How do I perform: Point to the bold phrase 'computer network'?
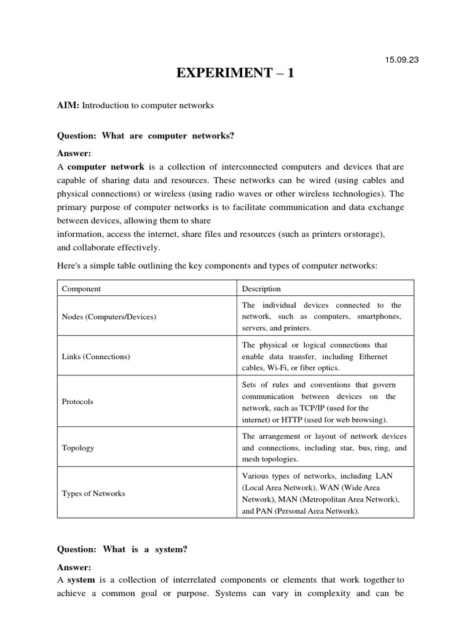pyautogui.click(x=106, y=167)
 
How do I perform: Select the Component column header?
pyautogui.click(x=81, y=288)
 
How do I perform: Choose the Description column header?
pyautogui.click(x=261, y=288)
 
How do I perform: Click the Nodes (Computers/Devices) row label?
pyautogui.click(x=109, y=317)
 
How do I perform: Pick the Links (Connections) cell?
pyautogui.click(x=96, y=356)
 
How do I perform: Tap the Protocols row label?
pyautogui.click(x=77, y=401)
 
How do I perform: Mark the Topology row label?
pyautogui.click(x=78, y=448)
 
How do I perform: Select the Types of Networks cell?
pyautogui.click(x=93, y=493)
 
